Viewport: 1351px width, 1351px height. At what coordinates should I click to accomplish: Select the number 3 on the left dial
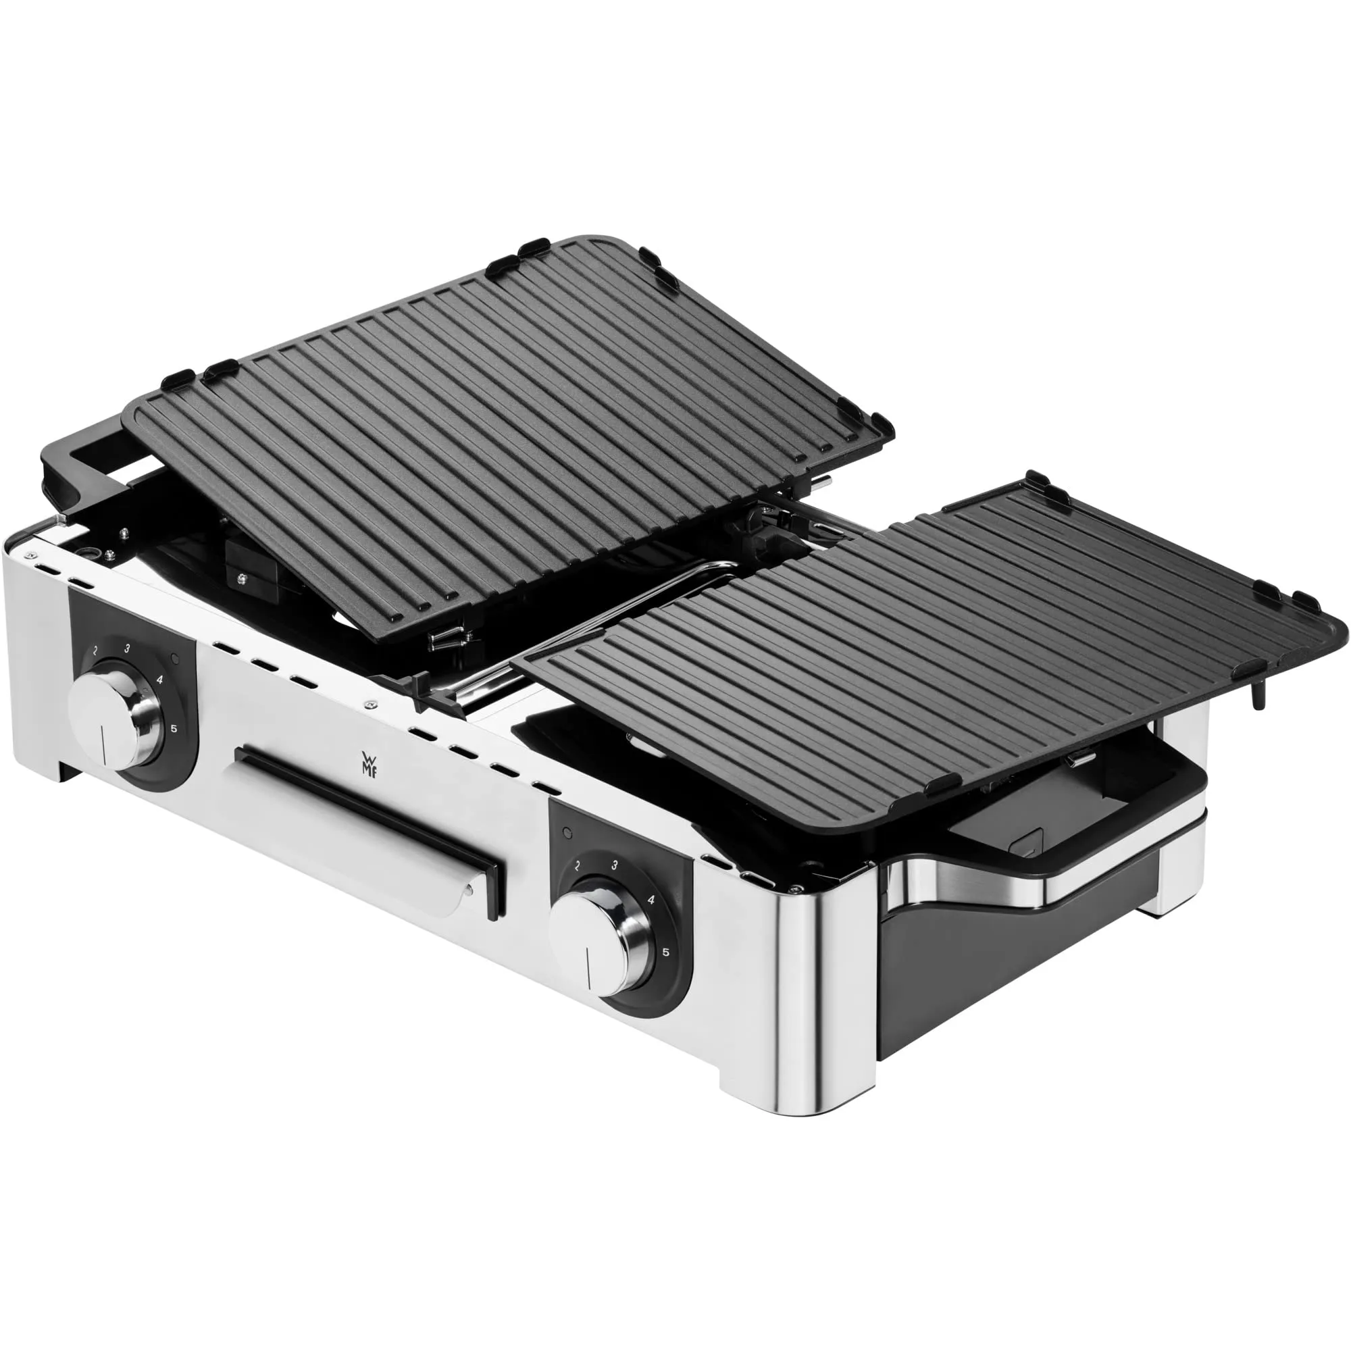pos(127,648)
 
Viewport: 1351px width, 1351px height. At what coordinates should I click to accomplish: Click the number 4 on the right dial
pos(651,900)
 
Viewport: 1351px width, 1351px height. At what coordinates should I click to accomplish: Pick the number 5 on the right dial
pos(666,952)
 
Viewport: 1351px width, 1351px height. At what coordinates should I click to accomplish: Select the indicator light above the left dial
pos(175,659)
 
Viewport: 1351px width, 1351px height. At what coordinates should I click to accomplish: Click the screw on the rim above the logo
pos(371,707)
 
